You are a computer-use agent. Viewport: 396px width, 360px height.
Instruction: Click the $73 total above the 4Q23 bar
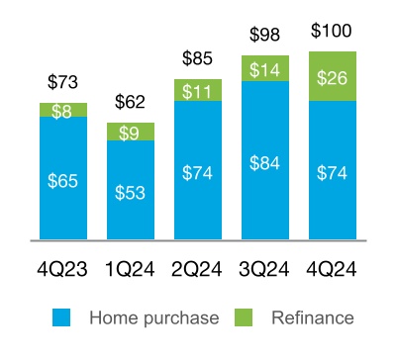point(63,80)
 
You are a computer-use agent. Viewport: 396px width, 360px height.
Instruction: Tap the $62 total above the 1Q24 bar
point(131,100)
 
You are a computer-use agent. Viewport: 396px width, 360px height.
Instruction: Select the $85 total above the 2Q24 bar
point(197,57)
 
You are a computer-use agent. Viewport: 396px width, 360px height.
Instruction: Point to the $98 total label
point(264,35)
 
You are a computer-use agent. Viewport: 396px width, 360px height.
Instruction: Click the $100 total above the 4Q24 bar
point(332,31)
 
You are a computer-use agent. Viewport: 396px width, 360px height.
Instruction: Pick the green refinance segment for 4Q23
point(63,110)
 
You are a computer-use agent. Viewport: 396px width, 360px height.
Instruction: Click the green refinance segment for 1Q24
point(131,132)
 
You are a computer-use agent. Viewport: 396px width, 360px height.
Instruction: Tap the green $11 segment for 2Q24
point(197,90)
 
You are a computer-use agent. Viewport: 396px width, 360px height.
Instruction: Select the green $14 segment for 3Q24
point(264,68)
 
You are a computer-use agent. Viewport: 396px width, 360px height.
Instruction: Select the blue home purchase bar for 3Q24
point(264,160)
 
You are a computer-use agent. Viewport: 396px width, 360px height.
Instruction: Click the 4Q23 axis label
point(63,268)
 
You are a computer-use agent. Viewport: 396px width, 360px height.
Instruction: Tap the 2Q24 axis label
point(197,268)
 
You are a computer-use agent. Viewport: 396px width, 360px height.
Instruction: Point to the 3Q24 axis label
point(264,268)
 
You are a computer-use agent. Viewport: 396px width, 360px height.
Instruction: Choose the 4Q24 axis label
point(332,268)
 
